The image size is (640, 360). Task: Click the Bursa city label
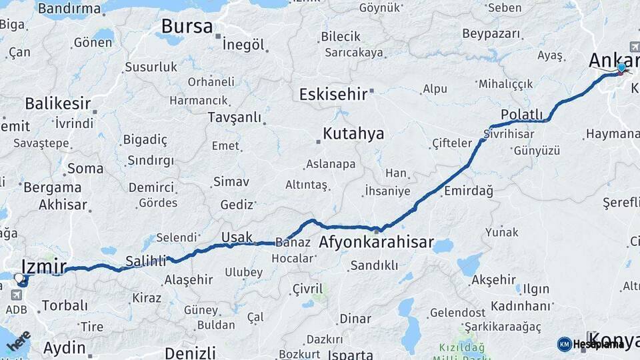(x=187, y=27)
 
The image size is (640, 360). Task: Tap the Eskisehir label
(x=333, y=94)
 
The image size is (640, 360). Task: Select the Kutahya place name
(x=353, y=133)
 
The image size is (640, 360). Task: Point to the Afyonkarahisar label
(x=377, y=242)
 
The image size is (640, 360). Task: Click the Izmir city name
(x=44, y=265)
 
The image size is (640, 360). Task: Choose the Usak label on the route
(x=237, y=237)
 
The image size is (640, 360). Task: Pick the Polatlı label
(x=522, y=114)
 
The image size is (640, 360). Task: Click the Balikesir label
(x=57, y=103)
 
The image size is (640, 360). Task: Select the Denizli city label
(x=190, y=352)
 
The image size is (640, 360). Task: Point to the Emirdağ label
(x=468, y=191)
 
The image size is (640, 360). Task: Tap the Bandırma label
(x=69, y=9)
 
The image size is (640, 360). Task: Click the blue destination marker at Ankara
(x=621, y=67)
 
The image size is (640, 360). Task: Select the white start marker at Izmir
(x=18, y=277)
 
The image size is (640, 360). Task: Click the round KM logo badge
(x=565, y=344)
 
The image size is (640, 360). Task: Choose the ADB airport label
(x=16, y=309)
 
